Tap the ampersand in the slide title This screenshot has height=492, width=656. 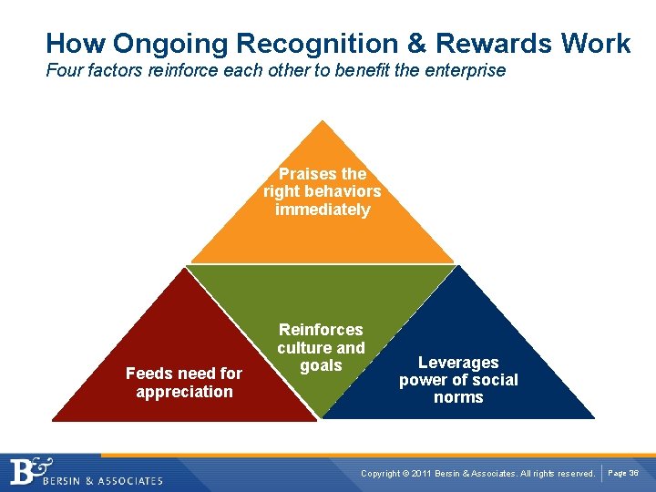(x=418, y=43)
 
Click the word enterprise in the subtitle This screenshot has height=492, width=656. (x=460, y=70)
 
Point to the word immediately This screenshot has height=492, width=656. (x=323, y=210)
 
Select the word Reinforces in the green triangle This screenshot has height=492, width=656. (x=321, y=330)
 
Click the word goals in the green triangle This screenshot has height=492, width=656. (x=321, y=365)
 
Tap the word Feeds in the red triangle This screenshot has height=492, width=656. (x=147, y=374)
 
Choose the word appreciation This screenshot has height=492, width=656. (x=184, y=392)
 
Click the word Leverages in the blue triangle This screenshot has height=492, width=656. (x=458, y=363)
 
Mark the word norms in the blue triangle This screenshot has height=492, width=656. (x=458, y=398)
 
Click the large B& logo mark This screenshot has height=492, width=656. (x=31, y=472)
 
